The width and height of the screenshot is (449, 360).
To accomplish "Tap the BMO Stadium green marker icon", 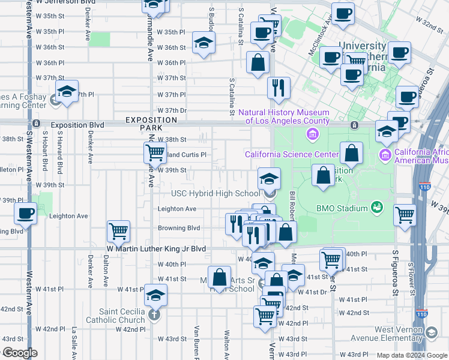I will (x=377, y=208).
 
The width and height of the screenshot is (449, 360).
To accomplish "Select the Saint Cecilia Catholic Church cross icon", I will (x=154, y=315).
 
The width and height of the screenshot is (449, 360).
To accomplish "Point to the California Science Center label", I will (x=292, y=155).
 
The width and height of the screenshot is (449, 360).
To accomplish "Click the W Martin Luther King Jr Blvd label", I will (x=156, y=248).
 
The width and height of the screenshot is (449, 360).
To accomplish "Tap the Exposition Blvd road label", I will (x=77, y=125).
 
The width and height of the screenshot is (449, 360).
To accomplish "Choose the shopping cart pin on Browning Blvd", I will (x=118, y=230).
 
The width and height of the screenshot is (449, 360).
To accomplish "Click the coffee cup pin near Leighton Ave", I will (x=25, y=213).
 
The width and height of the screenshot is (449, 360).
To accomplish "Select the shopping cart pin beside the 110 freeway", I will (x=405, y=214).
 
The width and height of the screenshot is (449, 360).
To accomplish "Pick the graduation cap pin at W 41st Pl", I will (x=155, y=295).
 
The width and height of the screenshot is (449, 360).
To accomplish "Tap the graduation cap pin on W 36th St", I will (x=204, y=42).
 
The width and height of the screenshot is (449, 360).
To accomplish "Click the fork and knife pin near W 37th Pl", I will (x=279, y=88).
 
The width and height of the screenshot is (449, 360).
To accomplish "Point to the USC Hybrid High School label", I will (x=215, y=193).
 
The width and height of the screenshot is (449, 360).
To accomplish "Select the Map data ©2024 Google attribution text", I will (x=412, y=355).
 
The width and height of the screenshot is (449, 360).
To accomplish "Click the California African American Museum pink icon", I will (x=385, y=155).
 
